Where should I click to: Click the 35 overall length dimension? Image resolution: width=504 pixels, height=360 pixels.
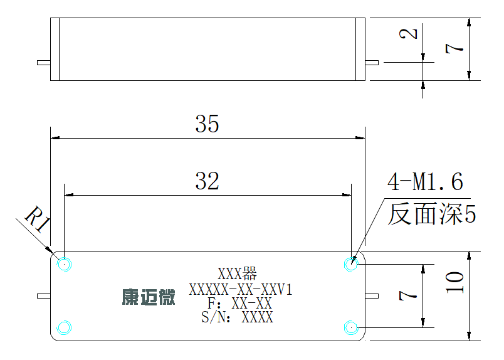(207, 124)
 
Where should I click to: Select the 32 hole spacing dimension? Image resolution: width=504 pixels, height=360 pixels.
(207, 181)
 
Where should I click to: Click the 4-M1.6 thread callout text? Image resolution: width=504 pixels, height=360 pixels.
(425, 182)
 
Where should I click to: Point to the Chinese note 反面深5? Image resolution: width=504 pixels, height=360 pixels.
(432, 214)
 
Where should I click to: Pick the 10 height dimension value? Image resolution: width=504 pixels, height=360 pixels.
(455, 282)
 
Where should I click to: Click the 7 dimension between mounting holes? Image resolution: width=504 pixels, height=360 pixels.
(408, 295)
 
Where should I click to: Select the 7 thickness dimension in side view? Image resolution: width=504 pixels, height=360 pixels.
(454, 48)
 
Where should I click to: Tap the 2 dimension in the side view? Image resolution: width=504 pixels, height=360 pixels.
(408, 33)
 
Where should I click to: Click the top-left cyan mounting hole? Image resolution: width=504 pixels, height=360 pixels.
(64, 265)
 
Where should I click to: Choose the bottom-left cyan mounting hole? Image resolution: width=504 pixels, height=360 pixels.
(64, 327)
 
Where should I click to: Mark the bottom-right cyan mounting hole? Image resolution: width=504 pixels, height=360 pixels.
(351, 327)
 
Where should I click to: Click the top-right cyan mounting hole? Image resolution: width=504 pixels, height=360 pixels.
(351, 265)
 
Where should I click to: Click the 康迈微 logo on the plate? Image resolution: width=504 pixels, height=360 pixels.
(149, 297)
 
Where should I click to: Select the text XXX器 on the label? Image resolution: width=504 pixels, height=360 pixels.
(237, 274)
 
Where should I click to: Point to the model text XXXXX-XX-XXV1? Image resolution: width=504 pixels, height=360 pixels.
(241, 290)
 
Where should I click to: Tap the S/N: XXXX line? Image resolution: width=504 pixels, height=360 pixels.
(237, 317)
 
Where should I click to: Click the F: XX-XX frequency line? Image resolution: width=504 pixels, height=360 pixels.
(239, 304)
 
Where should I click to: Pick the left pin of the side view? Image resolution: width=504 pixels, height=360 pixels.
(44, 63)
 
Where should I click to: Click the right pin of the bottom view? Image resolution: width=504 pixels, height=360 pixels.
(372, 296)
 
